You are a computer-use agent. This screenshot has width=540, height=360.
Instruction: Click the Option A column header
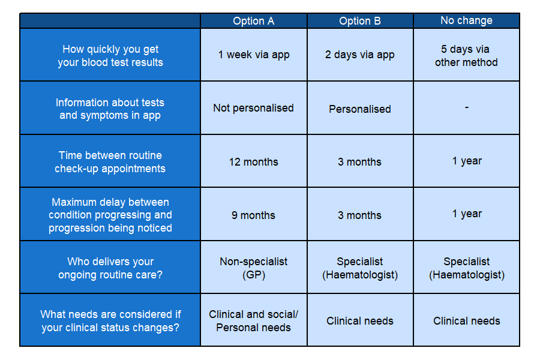tap(253, 21)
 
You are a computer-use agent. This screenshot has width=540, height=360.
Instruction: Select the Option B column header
tap(360, 21)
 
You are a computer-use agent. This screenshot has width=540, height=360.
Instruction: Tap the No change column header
tap(466, 20)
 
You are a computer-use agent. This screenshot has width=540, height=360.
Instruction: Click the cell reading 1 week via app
tap(254, 55)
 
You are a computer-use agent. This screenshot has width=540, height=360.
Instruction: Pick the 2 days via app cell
tap(360, 55)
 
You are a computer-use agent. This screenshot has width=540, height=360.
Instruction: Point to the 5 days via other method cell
tap(466, 55)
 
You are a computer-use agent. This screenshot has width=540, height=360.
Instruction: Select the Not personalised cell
tap(253, 108)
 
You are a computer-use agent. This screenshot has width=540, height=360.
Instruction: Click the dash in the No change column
tap(467, 107)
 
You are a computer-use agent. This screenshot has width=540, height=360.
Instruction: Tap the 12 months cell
tap(253, 161)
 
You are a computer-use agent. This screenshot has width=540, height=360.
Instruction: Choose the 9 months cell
tap(253, 215)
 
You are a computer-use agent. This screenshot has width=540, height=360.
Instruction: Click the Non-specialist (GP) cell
tap(253, 268)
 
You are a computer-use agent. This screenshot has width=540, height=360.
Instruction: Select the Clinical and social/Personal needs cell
tap(253, 321)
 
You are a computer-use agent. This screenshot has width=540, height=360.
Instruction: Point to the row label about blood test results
tap(110, 55)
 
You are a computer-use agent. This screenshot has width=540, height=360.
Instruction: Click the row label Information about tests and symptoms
tap(110, 109)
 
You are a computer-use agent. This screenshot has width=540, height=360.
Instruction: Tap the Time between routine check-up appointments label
tap(110, 161)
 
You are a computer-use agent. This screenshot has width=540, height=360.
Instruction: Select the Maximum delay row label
tap(110, 215)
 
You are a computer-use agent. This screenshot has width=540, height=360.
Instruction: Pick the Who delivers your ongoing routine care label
tap(110, 268)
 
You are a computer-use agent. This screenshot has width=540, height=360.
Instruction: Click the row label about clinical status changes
tap(110, 321)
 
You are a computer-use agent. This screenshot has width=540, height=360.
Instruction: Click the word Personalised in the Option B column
tap(360, 109)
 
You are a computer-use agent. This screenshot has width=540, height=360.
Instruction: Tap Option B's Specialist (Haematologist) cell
tap(360, 268)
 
